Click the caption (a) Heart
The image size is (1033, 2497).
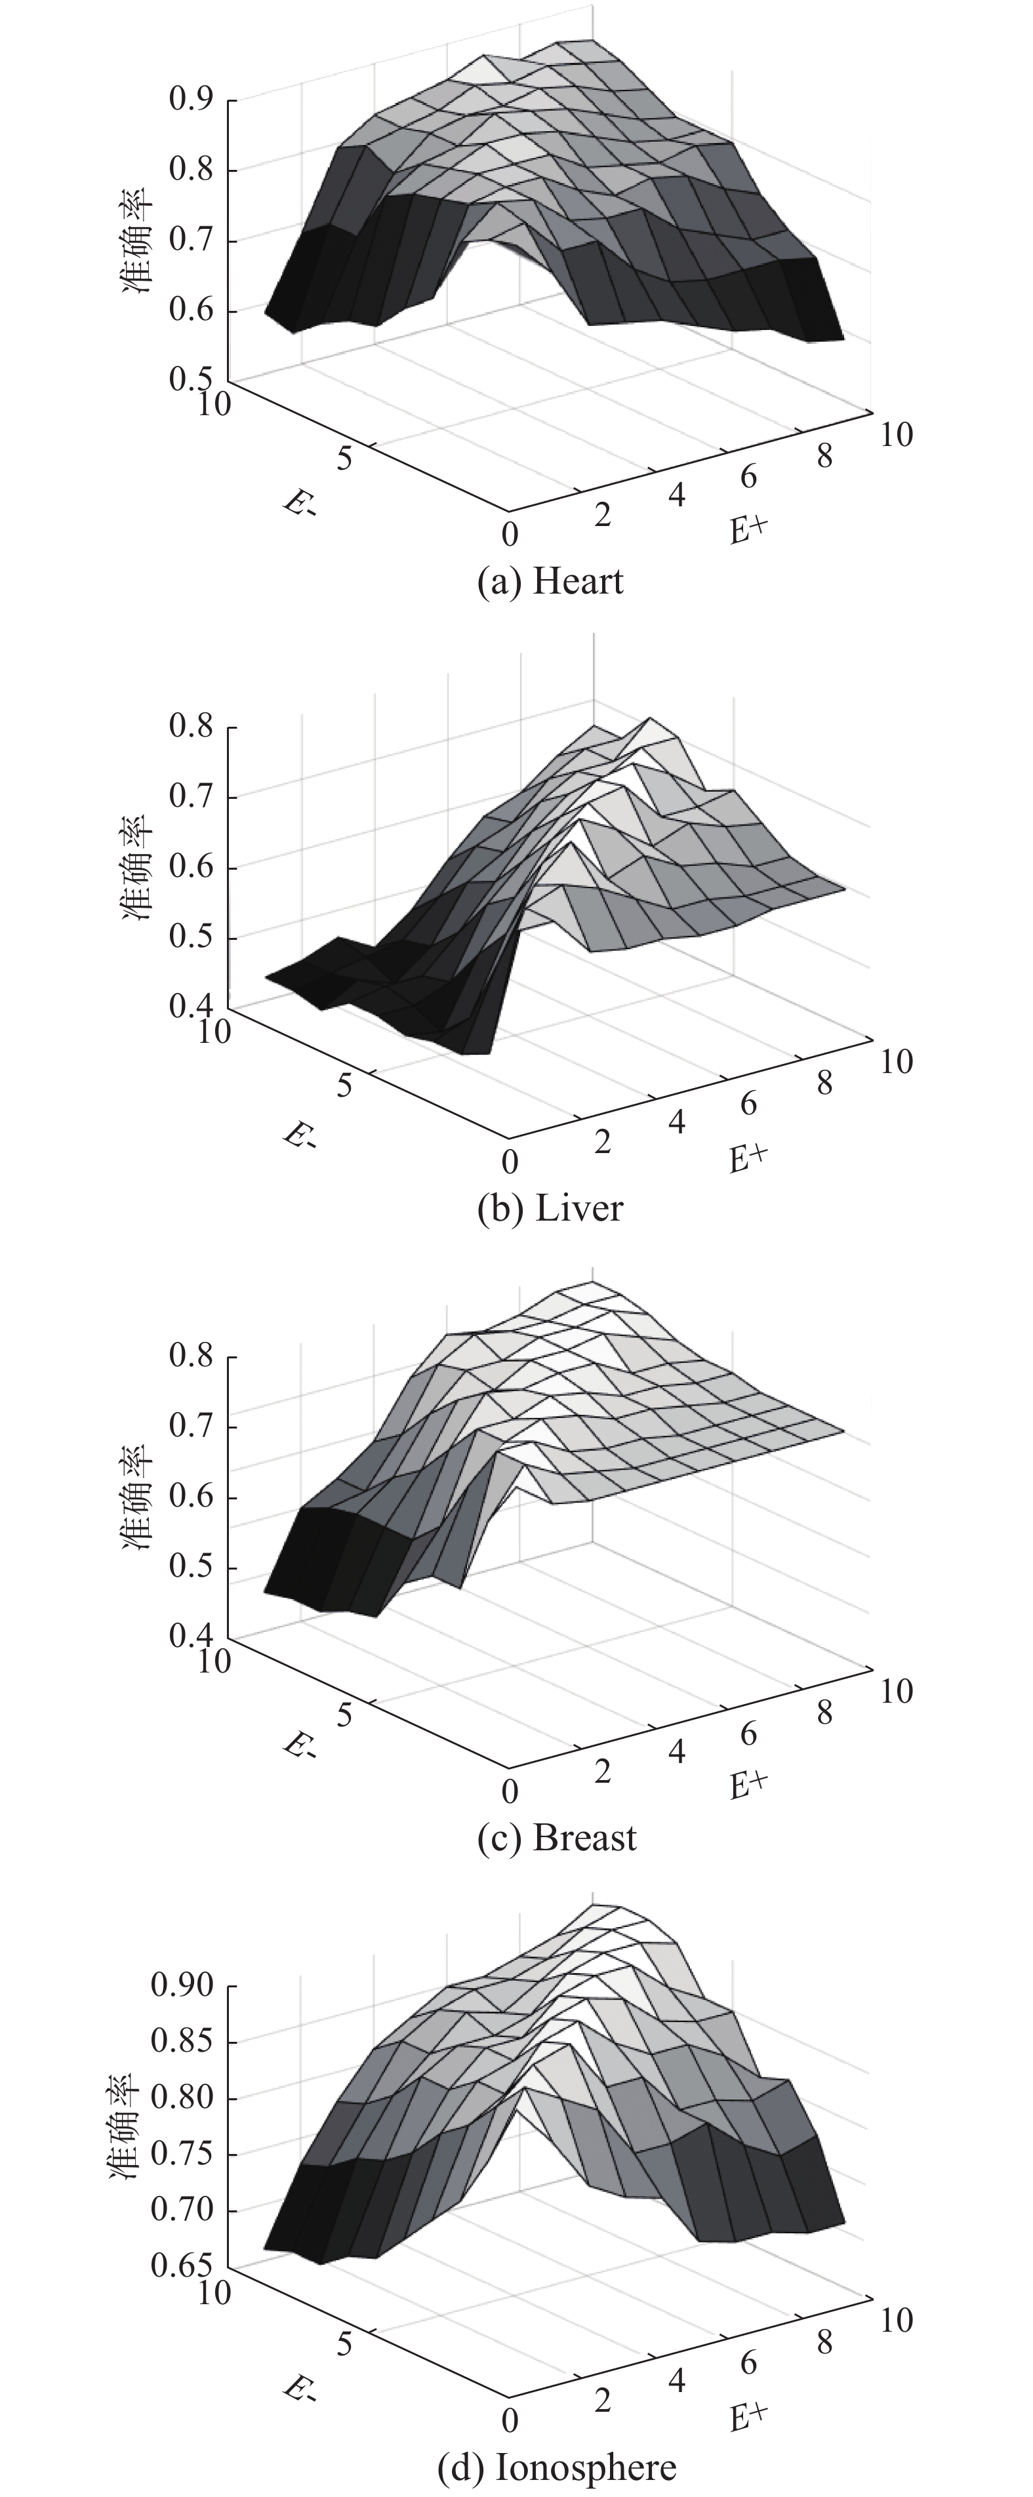tap(550, 582)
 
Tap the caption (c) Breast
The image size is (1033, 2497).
tap(557, 1838)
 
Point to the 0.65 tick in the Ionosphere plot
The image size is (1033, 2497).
tap(182, 2266)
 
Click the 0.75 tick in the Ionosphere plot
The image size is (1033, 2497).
tap(182, 2155)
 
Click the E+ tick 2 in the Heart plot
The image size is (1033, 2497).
tap(603, 515)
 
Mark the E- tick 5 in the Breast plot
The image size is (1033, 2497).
tap(345, 1715)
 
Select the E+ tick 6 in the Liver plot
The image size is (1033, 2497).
tap(748, 1104)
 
